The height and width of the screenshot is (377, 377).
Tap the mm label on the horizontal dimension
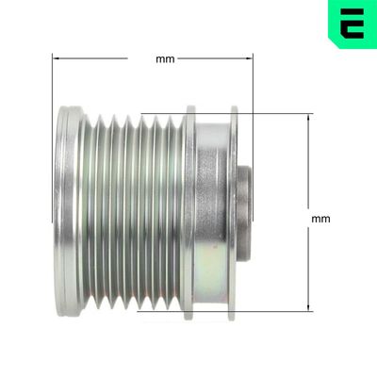pos(164,58)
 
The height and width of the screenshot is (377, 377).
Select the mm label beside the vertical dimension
pos(320,219)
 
